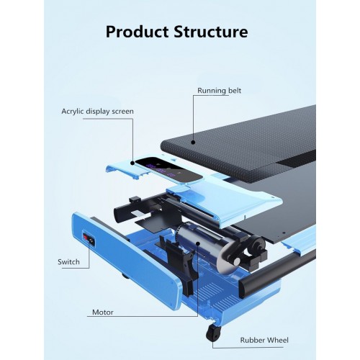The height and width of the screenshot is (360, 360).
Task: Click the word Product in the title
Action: coord(137,32)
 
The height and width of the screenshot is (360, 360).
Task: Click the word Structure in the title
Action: coord(211,32)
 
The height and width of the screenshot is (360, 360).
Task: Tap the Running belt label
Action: coord(219,91)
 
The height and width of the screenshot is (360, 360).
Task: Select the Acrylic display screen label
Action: coord(97,112)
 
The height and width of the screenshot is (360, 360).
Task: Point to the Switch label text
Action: coord(68,262)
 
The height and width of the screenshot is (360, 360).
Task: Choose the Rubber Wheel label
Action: coord(264,340)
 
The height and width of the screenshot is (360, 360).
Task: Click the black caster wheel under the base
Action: coord(213,333)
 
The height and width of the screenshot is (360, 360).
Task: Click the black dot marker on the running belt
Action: coord(193,143)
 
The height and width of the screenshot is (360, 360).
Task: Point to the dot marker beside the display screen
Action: coord(132,163)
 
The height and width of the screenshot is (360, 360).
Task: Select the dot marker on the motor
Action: coord(198,243)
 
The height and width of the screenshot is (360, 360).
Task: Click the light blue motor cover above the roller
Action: coord(225,204)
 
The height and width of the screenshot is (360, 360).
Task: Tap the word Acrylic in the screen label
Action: coord(73,112)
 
